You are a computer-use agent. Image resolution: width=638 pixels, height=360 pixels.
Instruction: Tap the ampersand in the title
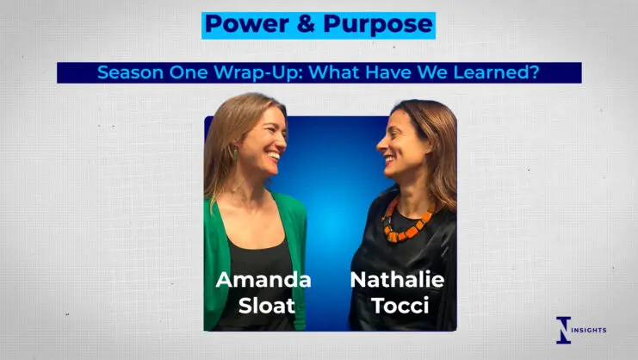click(x=306, y=24)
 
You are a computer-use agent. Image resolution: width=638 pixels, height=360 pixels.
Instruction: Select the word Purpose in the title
click(x=378, y=25)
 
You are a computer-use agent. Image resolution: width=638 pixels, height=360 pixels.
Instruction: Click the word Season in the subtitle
click(x=130, y=72)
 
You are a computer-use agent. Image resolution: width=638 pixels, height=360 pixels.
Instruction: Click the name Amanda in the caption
click(x=263, y=280)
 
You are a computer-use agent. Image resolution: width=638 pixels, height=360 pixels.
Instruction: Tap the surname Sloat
click(x=267, y=306)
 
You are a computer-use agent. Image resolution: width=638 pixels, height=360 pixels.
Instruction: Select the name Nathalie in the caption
click(x=397, y=280)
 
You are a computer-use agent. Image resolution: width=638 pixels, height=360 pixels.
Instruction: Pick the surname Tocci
click(x=400, y=306)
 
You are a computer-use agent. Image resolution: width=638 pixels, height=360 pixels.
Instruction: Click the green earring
click(x=235, y=154)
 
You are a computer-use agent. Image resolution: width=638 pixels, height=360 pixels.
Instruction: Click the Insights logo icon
click(x=564, y=330)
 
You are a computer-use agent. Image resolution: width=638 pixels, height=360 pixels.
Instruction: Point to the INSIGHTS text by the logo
click(x=589, y=330)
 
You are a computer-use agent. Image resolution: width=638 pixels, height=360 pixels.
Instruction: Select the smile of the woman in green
click(x=275, y=156)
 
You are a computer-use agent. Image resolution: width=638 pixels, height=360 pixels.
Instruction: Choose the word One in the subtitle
click(x=189, y=72)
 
